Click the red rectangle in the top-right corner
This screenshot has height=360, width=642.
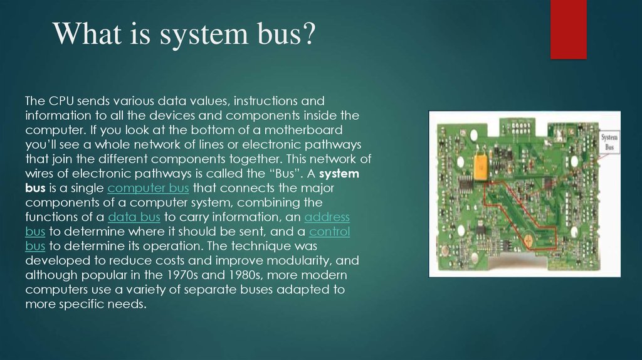568,29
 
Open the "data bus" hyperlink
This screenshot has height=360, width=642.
134,217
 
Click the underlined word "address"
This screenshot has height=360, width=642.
327,217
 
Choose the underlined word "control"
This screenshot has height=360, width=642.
330,231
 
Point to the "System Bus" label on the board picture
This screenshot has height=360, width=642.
609,141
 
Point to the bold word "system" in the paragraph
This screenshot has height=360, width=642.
340,174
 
